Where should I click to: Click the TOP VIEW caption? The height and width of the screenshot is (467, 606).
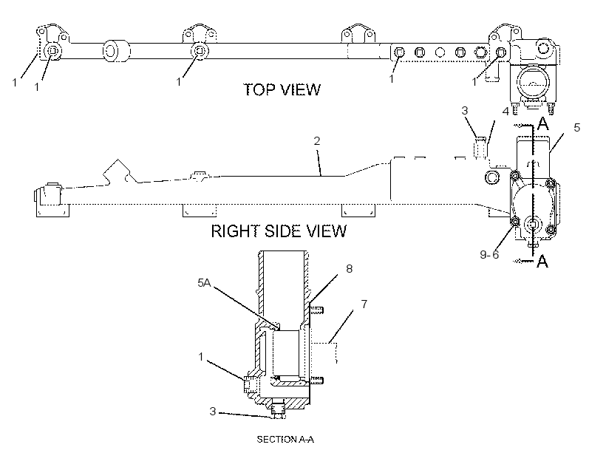(282, 89)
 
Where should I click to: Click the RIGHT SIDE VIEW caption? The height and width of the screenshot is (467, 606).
(279, 231)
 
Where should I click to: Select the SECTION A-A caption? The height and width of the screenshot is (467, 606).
(285, 440)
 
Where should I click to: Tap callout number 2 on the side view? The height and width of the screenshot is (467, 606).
(317, 141)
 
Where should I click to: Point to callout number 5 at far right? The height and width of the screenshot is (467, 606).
(576, 128)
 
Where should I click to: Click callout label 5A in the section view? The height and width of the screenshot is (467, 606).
(204, 283)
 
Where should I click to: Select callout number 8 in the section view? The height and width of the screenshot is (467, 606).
(350, 269)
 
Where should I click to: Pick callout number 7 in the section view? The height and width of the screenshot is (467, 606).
(364, 304)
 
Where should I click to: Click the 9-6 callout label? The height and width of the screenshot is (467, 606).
(489, 254)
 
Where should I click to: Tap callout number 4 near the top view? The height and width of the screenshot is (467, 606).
(505, 112)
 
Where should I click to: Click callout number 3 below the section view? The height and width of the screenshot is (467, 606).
(213, 412)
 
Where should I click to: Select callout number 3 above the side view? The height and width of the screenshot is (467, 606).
(465, 111)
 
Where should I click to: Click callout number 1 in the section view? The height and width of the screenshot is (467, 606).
(200, 356)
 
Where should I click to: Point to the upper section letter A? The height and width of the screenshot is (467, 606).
(543, 124)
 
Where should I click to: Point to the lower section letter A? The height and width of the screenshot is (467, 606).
(542, 262)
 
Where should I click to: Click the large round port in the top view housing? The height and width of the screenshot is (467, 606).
(533, 82)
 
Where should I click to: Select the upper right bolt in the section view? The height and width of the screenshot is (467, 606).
(316, 310)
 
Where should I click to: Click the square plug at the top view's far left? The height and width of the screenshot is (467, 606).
(52, 51)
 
